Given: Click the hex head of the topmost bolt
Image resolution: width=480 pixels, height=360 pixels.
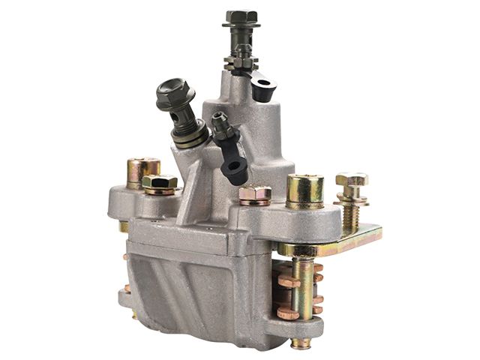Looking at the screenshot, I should point(241,17).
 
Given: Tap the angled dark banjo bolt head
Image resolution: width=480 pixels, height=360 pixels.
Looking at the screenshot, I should point(175,94).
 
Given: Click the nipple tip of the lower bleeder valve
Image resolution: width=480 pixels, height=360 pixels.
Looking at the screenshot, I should point(217,120).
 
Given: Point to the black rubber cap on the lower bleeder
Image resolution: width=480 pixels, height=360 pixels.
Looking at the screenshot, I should point(234,166).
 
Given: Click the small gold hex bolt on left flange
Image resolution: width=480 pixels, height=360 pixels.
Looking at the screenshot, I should point(160,184).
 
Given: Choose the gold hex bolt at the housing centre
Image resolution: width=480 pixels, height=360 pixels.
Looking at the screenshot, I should point(255,195).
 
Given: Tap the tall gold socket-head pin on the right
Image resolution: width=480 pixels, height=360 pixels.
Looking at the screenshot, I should point(304,190).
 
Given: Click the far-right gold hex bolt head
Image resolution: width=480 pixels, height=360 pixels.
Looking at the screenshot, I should point(351,181).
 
